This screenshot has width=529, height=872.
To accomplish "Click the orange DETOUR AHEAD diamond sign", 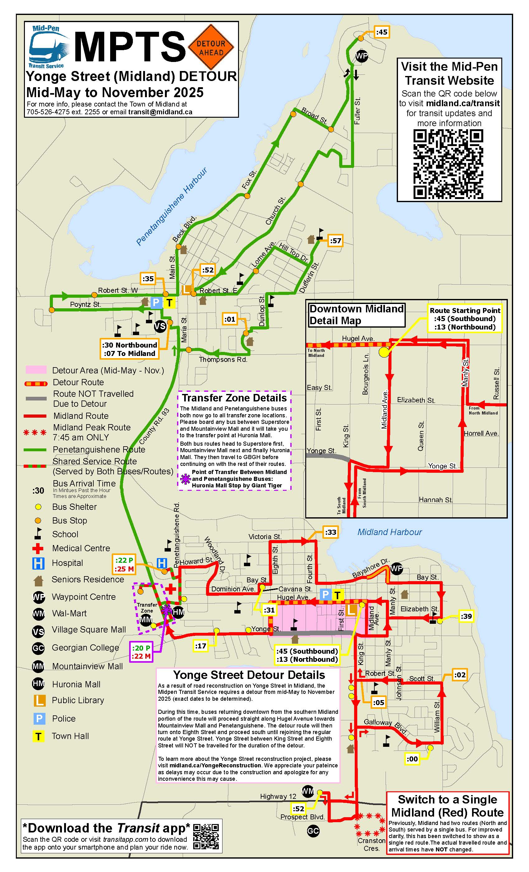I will pos(211,47).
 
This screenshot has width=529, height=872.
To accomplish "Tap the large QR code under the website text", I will pos(448,164).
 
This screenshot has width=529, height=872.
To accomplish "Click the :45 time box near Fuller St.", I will pos(382,32).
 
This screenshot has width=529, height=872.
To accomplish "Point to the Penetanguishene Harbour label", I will pos(171,207).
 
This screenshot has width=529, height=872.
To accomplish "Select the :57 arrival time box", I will pos(335,241).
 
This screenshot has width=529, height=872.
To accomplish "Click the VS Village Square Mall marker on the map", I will pos(160,326).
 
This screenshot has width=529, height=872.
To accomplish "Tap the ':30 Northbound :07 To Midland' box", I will pos(129,349).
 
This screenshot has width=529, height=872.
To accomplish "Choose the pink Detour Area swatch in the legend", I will pos(36,370).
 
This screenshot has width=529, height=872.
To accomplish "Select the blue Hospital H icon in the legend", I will pos(38,563).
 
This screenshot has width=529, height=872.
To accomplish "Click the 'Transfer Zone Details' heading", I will pos(234,398).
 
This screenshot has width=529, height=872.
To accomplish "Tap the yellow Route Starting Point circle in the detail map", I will pos(383,352).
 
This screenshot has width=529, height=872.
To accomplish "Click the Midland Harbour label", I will pos(389,532).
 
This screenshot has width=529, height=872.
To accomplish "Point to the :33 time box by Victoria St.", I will pos(330,532).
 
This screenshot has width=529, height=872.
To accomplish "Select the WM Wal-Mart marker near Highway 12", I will pos(307,791).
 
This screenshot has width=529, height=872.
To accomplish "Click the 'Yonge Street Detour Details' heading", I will pos(249,675).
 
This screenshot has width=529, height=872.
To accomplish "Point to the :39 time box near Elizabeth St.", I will pos(466,616).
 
